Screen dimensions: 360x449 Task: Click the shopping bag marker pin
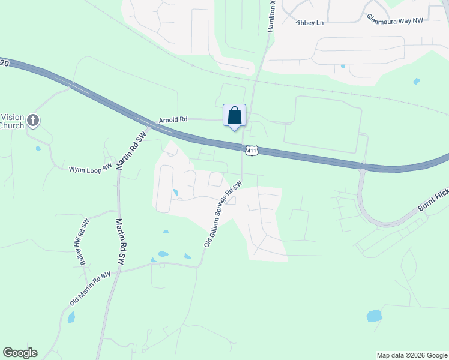tap(235, 116)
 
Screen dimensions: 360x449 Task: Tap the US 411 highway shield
tap(252, 151)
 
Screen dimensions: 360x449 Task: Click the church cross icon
tap(33, 121)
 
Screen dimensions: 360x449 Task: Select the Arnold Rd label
tap(173, 120)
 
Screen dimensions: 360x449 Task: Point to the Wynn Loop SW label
tap(91, 169)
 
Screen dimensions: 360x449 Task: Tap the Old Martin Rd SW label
tap(90, 288)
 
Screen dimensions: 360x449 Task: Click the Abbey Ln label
tap(310, 22)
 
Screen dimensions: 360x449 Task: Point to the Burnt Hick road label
tap(433, 203)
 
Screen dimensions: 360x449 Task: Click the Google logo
tap(20, 353)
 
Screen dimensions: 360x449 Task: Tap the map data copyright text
tap(411, 355)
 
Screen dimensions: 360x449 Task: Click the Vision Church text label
tap(12, 121)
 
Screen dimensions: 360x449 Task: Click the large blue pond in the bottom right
tap(374, 316)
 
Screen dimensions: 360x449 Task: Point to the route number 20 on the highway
tap(5, 62)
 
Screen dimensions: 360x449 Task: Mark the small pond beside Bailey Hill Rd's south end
tap(71, 317)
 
